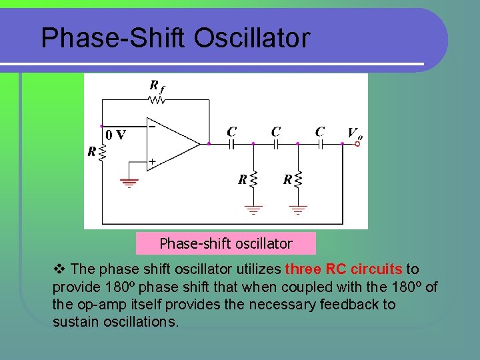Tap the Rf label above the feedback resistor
[x=157, y=86]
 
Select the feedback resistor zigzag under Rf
[x=157, y=101]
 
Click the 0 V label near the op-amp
[x=115, y=134]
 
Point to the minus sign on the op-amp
[x=153, y=125]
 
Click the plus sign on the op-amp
[x=153, y=162]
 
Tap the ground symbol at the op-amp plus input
[x=128, y=182]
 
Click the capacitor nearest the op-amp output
[x=231, y=143]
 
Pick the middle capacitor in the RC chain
[x=275, y=143]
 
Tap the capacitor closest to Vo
[x=320, y=143]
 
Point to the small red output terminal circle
[x=357, y=143]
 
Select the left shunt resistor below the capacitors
[x=253, y=179]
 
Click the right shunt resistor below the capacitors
[x=297, y=179]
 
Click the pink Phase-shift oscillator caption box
[x=225, y=243]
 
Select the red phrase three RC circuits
[x=343, y=269]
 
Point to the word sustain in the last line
[x=73, y=322]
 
